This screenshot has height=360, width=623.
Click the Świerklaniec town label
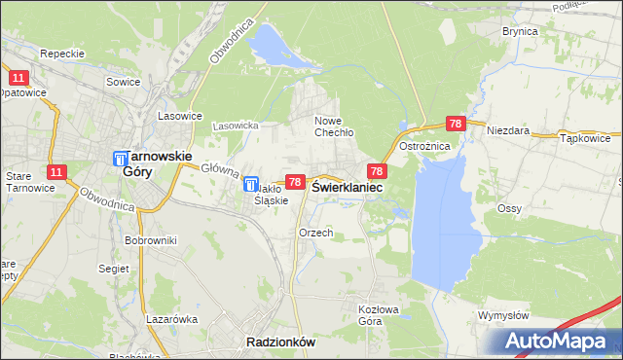click(x=347, y=187)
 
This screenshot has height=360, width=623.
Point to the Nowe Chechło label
click(x=333, y=126)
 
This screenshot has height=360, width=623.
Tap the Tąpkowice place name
click(x=585, y=139)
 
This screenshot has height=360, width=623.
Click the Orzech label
click(x=316, y=234)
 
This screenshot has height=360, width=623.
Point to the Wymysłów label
click(x=503, y=316)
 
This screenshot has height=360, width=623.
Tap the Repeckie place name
click(x=63, y=54)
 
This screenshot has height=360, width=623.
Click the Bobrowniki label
click(x=149, y=239)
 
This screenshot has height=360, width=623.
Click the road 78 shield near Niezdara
click(x=456, y=125)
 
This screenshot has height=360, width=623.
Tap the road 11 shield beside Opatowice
click(x=18, y=77)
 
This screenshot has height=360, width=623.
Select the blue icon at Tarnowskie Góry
click(x=121, y=159)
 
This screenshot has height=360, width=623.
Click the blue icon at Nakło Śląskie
click(x=250, y=183)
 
